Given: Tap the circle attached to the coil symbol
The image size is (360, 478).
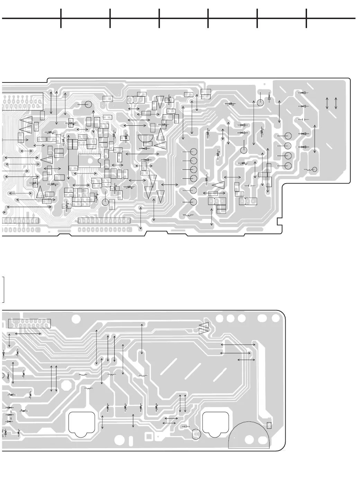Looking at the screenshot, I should pyautogui.click(x=315, y=169).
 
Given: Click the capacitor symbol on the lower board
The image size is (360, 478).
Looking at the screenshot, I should pyautogui.click(x=186, y=426).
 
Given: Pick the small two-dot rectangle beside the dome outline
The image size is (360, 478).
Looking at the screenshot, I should pyautogui.click(x=269, y=426).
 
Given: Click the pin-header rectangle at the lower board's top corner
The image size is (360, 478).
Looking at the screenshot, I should pyautogui.click(x=29, y=324).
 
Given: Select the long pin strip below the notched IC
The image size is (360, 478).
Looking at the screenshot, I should pyautogui.click(x=104, y=221).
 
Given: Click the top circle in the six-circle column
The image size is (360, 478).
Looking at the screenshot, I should pyautogui.click(x=193, y=151).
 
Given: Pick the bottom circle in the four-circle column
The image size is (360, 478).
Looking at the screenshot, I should pyautogui.click(x=288, y=166).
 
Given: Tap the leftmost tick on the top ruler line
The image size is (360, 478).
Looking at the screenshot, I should pyautogui.click(x=61, y=18).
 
